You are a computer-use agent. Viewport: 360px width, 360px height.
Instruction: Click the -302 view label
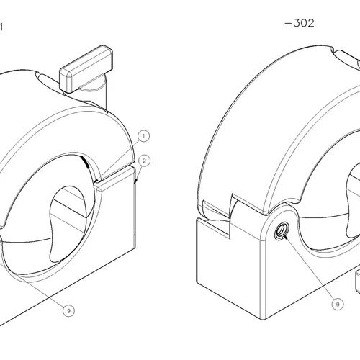pyautogui.click(x=300, y=23)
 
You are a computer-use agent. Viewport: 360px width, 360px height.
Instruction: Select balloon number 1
pyautogui.click(x=143, y=135)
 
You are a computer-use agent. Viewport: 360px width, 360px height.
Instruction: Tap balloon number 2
pyautogui.click(x=145, y=160)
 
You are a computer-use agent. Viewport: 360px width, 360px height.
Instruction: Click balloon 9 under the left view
pyautogui.click(x=68, y=310)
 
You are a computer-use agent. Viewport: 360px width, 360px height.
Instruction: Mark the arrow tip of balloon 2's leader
pyautogui.click(x=135, y=184)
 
